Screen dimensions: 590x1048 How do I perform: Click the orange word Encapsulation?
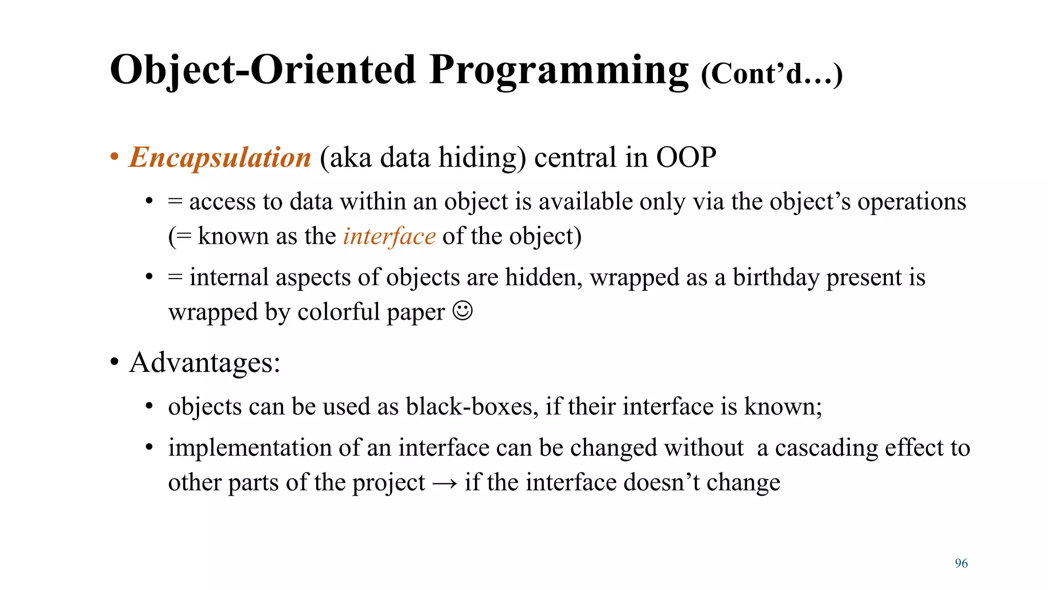point(220,157)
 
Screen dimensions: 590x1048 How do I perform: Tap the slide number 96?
point(961,563)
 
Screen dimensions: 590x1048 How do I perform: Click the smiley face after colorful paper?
point(463,311)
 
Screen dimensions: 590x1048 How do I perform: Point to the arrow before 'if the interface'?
point(444,483)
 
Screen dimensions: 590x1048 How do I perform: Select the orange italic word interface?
point(389,237)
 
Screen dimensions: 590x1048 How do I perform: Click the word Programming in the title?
point(559,70)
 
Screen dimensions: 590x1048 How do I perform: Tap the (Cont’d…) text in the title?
point(771,74)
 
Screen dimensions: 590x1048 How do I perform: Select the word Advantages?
point(205,363)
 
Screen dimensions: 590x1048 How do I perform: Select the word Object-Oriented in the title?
point(263,70)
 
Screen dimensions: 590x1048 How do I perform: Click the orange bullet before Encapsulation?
point(115,157)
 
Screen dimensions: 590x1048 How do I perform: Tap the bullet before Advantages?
point(115,363)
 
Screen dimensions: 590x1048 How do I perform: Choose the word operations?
point(911,202)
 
